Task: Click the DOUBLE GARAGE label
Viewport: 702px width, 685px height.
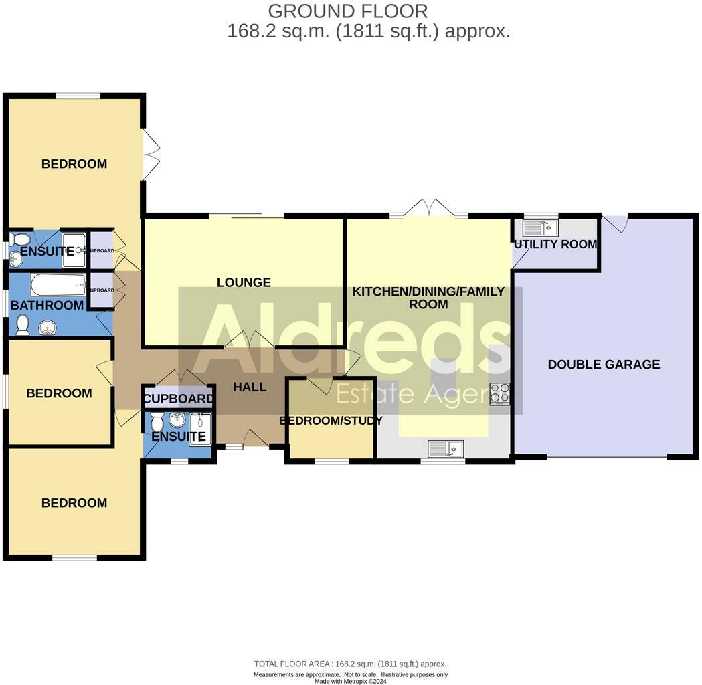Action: point(604,365)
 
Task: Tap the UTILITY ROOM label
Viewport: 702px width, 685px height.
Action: point(555,244)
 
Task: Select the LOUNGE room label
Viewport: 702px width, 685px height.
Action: point(244,282)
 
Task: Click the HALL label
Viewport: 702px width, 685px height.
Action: point(250,387)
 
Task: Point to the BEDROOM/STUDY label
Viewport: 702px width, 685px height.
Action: point(331,421)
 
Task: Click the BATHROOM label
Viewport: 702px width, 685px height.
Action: point(47,306)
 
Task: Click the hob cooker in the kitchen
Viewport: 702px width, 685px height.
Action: point(499,393)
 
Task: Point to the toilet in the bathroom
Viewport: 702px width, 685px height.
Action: point(23,326)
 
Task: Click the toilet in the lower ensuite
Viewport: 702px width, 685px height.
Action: point(157,423)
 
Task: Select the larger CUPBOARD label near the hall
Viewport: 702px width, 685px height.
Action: point(179,399)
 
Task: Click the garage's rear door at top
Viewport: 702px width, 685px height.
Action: point(616,223)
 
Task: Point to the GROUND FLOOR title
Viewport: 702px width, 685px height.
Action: point(347,11)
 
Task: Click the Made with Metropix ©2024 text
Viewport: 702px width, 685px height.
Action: point(351,681)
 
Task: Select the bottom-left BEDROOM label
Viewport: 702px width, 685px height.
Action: point(74,503)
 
